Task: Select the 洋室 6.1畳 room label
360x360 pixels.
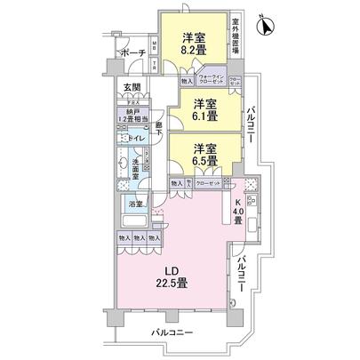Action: point(207,109)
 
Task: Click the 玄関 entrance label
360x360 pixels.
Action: point(131,86)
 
